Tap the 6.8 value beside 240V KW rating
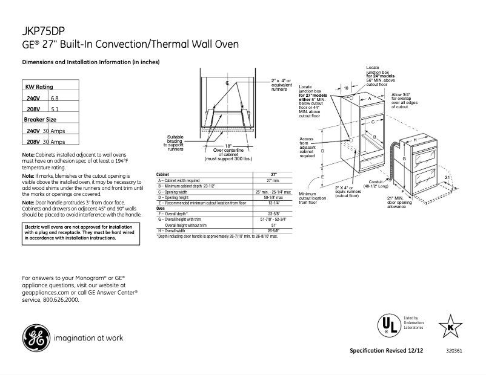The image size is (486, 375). tap(55, 98)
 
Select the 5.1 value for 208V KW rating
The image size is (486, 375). tap(55, 109)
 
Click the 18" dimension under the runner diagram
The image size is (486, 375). tap(228, 146)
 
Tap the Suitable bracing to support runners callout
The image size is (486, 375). tap(175, 142)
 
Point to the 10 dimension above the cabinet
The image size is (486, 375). tap(346, 88)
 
